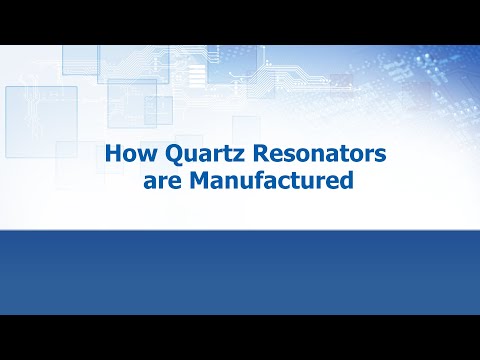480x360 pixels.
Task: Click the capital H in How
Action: coord(113,156)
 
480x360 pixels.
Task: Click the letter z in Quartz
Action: coord(225,157)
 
